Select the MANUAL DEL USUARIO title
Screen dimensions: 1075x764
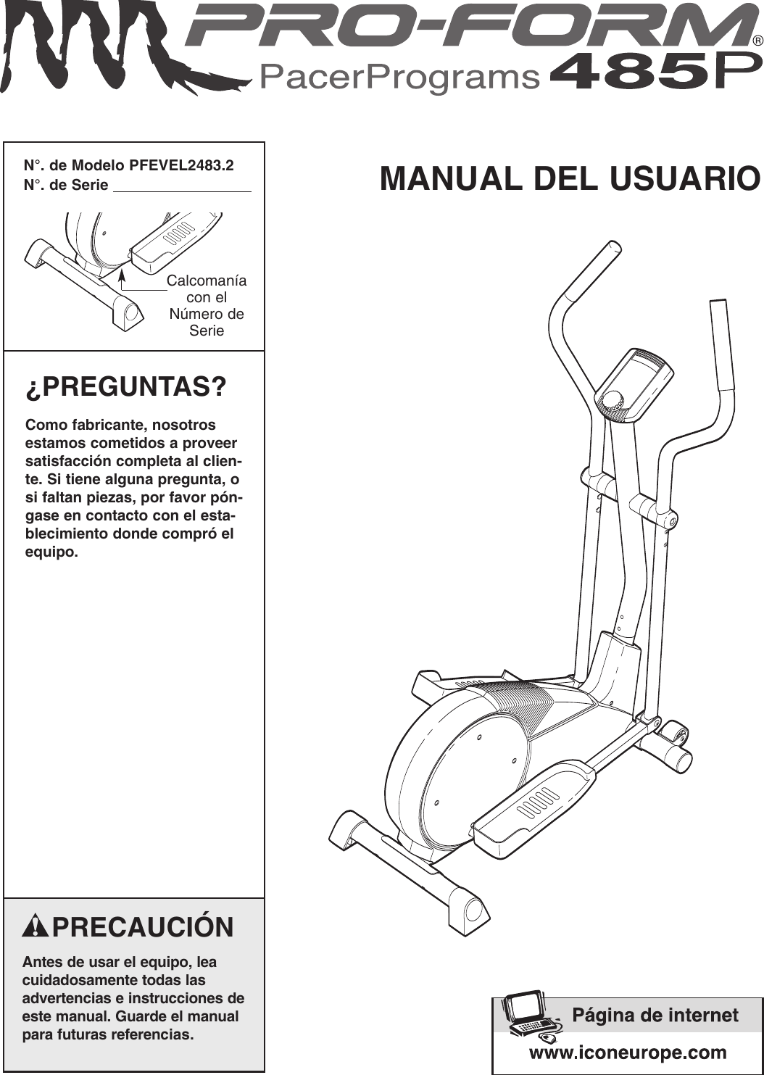coord(570,178)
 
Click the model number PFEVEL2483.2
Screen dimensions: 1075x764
coord(181,165)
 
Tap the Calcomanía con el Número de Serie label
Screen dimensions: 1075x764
coord(207,305)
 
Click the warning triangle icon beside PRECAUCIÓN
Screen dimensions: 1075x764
coord(36,927)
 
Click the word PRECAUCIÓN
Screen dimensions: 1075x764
coord(143,927)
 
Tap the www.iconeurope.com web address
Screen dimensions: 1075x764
coord(628,1052)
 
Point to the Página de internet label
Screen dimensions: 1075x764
coord(655,1015)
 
